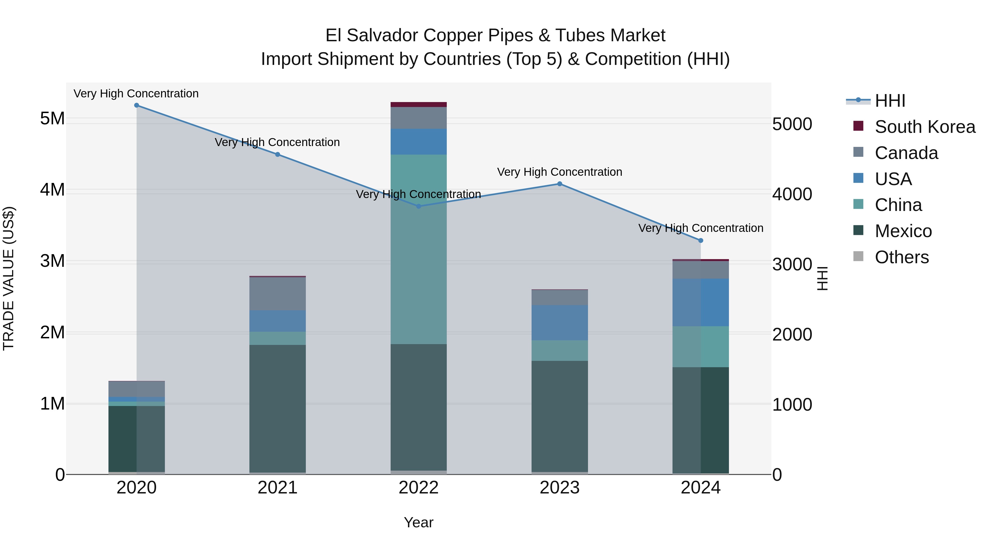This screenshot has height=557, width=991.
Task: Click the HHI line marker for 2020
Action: tap(137, 105)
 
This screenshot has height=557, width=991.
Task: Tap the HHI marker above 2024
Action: tap(701, 241)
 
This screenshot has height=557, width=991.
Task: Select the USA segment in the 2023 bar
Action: tap(560, 323)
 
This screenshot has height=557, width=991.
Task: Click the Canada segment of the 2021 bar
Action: tap(277, 294)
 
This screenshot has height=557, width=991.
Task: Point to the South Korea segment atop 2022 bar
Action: tap(418, 105)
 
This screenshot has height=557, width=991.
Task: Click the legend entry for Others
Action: tap(901, 257)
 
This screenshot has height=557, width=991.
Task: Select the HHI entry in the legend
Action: tap(890, 101)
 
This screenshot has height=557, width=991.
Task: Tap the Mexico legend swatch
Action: tap(858, 231)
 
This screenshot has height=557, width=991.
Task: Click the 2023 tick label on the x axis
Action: tap(560, 488)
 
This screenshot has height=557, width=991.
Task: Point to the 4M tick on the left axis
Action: tap(52, 190)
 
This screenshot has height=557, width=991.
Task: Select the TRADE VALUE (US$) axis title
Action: tap(9, 278)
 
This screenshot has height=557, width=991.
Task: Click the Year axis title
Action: tap(418, 522)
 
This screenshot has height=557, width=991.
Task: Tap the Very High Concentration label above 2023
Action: tap(560, 172)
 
